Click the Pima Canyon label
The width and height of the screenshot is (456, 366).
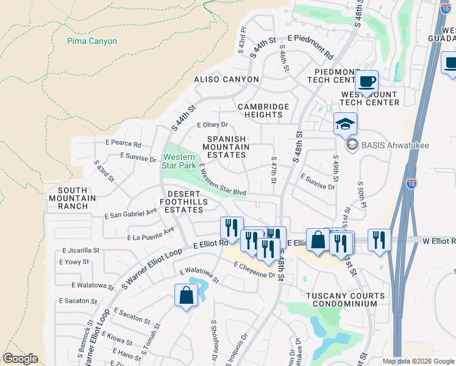click(x=92, y=41)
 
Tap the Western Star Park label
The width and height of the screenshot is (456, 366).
click(x=179, y=161)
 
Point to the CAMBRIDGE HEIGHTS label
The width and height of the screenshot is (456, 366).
click(x=263, y=110)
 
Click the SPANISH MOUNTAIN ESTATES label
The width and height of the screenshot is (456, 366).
click(x=226, y=147)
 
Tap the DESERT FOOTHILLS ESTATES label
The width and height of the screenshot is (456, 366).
click(x=182, y=204)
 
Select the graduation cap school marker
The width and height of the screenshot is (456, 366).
click(x=345, y=124)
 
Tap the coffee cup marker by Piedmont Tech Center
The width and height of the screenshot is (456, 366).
click(x=366, y=81)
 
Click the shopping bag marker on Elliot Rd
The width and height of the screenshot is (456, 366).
click(x=318, y=239)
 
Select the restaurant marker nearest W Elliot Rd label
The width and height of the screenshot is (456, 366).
click(x=380, y=240)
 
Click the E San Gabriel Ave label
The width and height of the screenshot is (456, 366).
click(x=131, y=214)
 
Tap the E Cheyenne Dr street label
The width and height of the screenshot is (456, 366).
click(x=254, y=270)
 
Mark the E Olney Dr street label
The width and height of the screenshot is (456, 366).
click(x=212, y=124)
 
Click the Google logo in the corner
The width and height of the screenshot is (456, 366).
click(x=20, y=359)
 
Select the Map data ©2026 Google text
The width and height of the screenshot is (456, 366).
click(x=418, y=361)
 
